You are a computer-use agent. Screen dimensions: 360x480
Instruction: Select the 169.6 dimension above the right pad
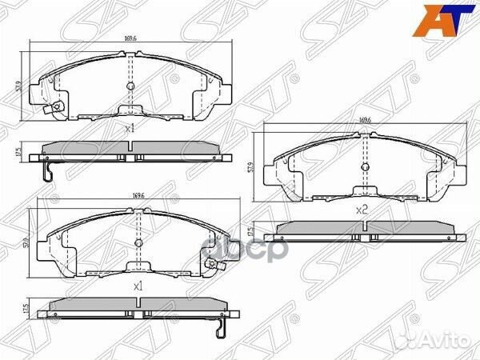(365, 122)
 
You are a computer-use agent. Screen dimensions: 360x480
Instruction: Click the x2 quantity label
(361, 210)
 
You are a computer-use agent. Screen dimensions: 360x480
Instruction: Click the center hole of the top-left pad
(130, 86)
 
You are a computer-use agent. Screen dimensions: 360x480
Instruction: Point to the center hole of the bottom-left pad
(138, 242)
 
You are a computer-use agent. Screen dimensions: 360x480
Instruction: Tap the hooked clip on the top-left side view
(47, 172)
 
